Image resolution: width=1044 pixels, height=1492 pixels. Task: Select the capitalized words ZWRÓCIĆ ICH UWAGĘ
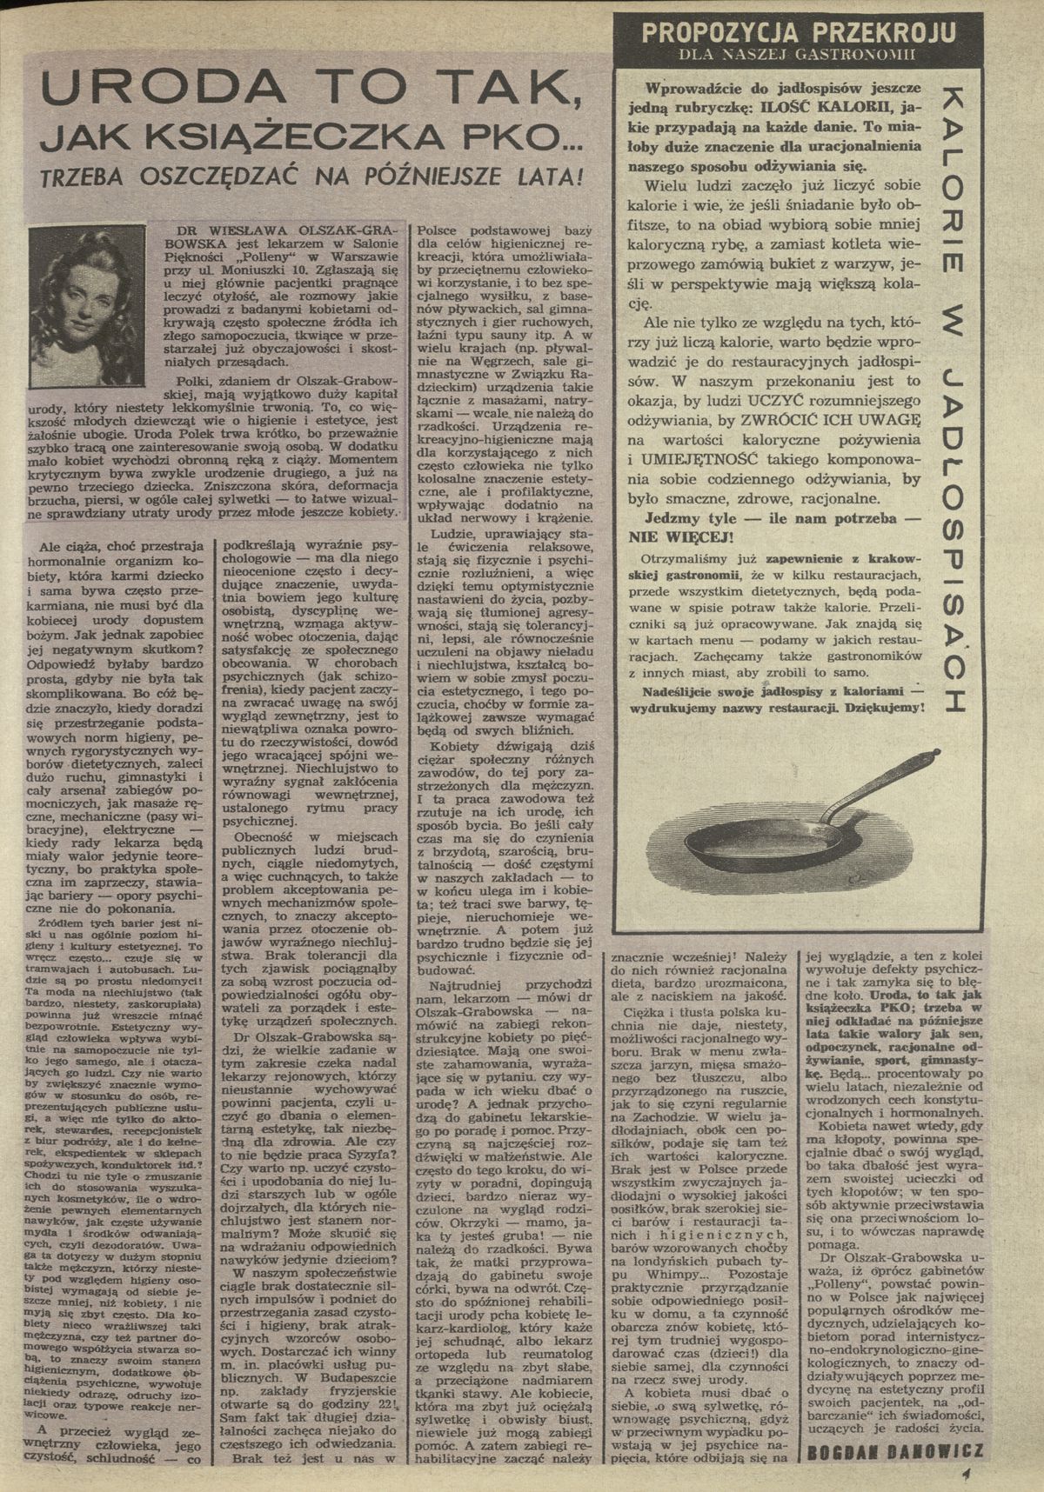(x=829, y=418)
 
